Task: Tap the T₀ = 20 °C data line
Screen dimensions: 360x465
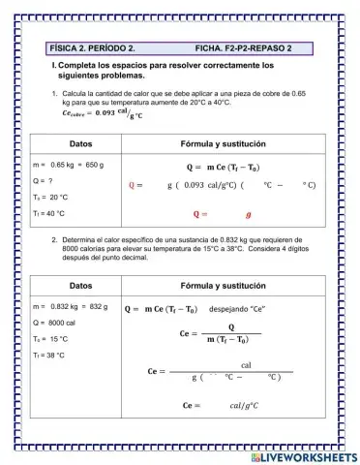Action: (49, 198)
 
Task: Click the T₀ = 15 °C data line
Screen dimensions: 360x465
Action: (50, 339)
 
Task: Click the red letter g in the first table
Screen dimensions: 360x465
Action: (249, 213)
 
